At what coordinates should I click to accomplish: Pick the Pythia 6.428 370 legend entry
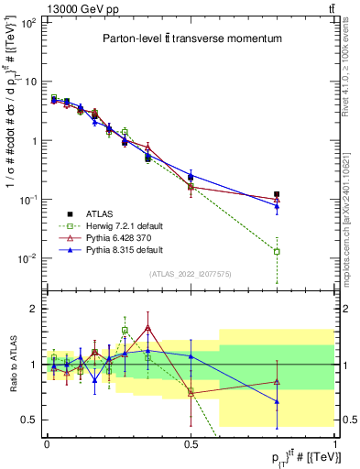[118, 237]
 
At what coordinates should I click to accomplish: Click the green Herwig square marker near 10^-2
[277, 251]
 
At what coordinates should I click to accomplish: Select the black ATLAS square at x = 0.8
[277, 194]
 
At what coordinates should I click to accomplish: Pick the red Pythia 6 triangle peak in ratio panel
[147, 327]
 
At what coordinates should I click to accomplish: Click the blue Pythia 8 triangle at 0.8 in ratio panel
[277, 401]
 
